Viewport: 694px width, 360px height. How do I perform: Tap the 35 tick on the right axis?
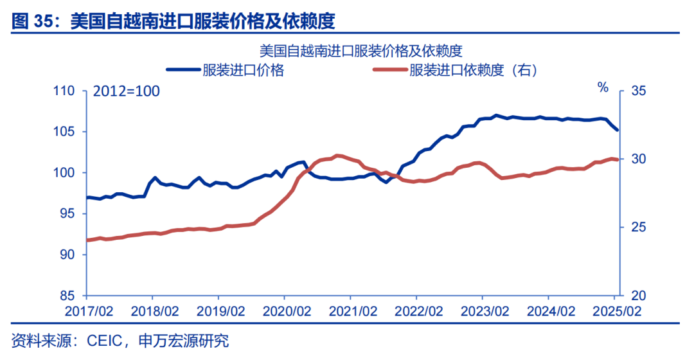[x=637, y=91]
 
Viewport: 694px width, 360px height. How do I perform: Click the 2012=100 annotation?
[x=127, y=91]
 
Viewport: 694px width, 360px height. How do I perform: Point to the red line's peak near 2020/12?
[x=338, y=156]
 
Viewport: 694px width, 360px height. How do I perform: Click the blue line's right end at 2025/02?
[x=617, y=130]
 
